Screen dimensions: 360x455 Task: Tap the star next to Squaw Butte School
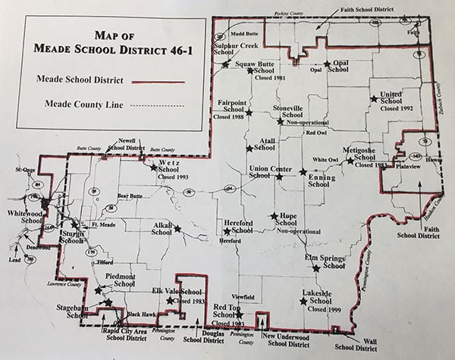tap(225, 64)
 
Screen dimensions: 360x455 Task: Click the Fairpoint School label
tap(231, 105)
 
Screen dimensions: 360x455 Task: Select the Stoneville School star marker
tap(280, 121)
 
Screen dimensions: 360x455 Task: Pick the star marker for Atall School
tap(249, 148)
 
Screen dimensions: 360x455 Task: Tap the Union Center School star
tap(279, 177)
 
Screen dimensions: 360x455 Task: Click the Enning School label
tap(318, 180)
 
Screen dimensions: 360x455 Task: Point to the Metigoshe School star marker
tap(350, 160)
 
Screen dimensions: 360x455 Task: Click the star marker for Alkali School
tap(177, 227)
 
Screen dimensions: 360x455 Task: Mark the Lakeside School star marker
tap(303, 302)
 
